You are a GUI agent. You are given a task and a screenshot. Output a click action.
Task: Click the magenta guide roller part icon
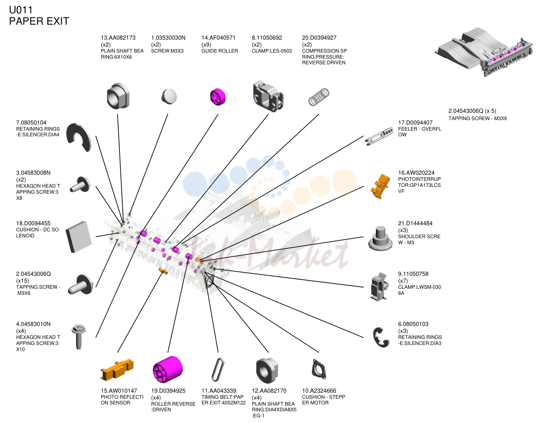pyautogui.click(x=218, y=97)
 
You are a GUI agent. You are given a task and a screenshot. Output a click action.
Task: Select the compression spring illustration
pyautogui.click(x=319, y=97)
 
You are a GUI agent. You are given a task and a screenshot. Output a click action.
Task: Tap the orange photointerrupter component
pyautogui.click(x=380, y=186)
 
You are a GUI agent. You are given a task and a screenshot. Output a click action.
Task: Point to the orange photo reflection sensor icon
pyautogui.click(x=117, y=370)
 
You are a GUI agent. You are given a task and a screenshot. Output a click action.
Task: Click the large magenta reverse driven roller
pyautogui.click(x=168, y=369)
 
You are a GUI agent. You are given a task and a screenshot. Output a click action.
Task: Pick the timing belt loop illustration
pyautogui.click(x=218, y=369)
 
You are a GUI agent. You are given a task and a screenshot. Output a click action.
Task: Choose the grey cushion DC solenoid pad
pyautogui.click(x=79, y=237)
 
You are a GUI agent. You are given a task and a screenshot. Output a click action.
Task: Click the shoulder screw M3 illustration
pyautogui.click(x=380, y=238)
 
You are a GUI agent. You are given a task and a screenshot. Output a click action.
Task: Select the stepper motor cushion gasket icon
pyautogui.click(x=319, y=369)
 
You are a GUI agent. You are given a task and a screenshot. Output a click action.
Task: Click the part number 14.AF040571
pyautogui.click(x=218, y=38)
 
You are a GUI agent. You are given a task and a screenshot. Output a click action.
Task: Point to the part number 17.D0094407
pyautogui.click(x=415, y=123)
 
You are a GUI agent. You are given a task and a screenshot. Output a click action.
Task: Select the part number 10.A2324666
pyautogui.click(x=319, y=391)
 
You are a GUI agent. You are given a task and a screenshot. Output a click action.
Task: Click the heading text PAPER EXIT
pyautogui.click(x=39, y=21)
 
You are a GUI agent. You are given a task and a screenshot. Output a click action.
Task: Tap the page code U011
pyautogui.click(x=21, y=10)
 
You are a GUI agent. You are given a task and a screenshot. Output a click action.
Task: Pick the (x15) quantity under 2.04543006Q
pyautogui.click(x=22, y=280)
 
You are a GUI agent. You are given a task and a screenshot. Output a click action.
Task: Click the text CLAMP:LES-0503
pyautogui.click(x=272, y=51)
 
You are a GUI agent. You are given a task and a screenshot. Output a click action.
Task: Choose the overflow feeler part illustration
pyautogui.click(x=379, y=136)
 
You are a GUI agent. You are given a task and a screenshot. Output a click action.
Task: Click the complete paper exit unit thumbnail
pyautogui.click(x=484, y=52)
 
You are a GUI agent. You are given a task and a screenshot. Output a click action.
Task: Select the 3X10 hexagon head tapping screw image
pyautogui.click(x=79, y=337)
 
